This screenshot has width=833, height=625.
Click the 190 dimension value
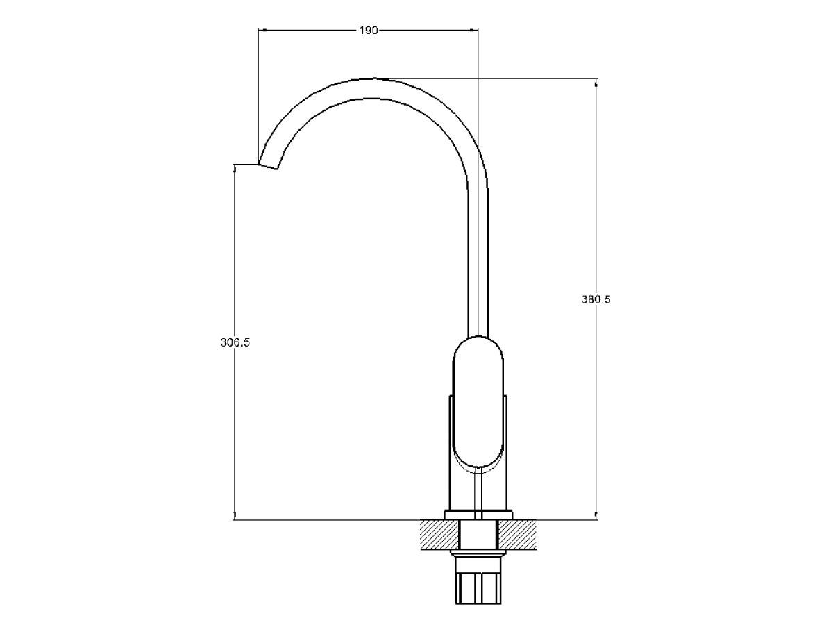(369, 31)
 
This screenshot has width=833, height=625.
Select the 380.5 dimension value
(596, 299)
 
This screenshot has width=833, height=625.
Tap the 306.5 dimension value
(235, 342)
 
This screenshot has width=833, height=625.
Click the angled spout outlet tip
(269, 166)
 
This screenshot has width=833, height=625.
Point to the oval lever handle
(478, 401)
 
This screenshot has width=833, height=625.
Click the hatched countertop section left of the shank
(440, 535)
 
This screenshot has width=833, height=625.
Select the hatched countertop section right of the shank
(517, 535)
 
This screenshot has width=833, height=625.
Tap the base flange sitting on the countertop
(478, 515)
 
